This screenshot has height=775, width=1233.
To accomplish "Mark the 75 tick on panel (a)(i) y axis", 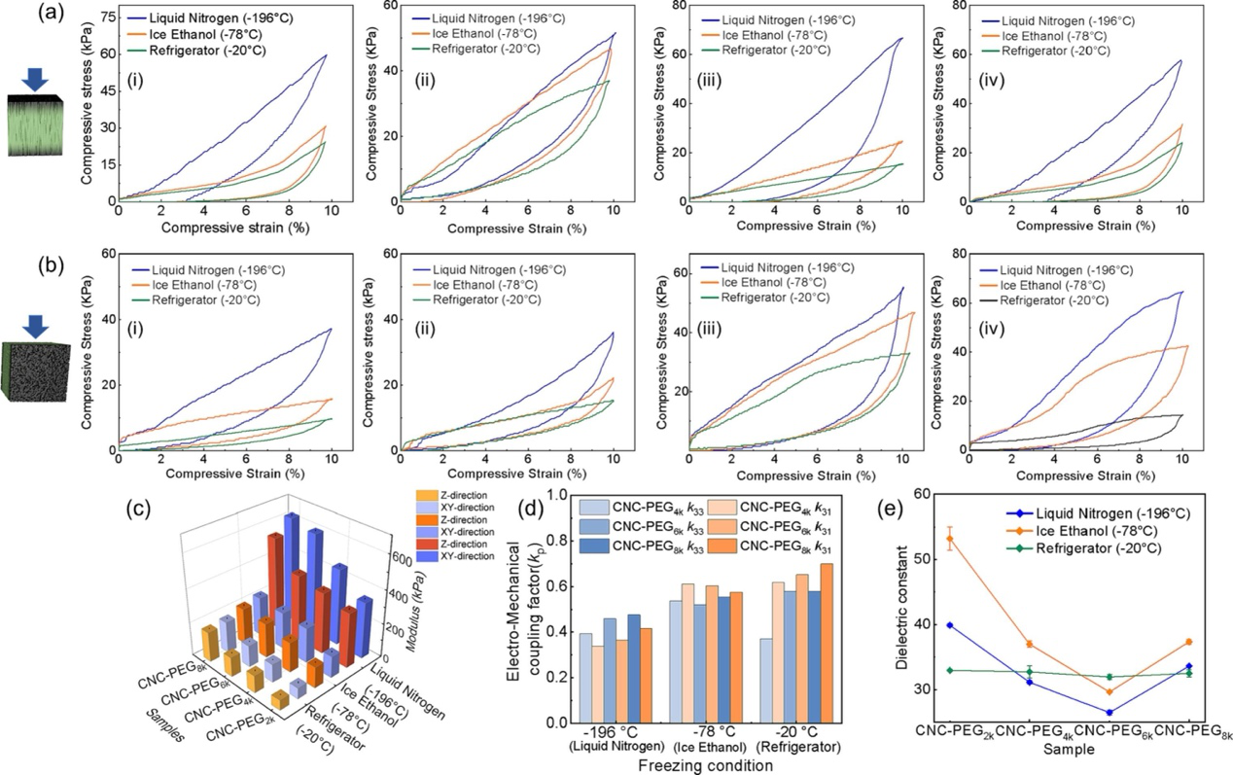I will pos(101,17).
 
